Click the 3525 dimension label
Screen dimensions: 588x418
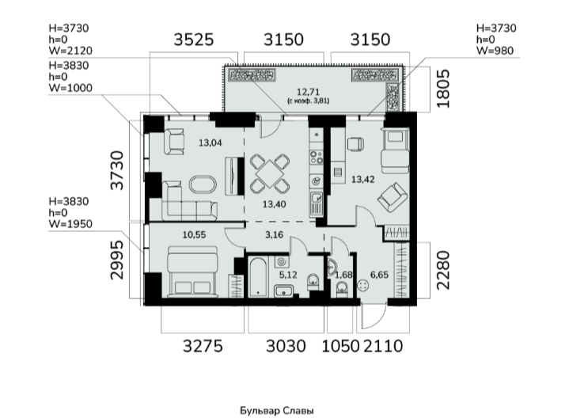pyautogui.click(x=194, y=40)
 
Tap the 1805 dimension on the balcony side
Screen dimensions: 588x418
pyautogui.click(x=443, y=89)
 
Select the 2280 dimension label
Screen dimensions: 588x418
pyautogui.click(x=443, y=270)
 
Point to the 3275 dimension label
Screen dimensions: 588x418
pyautogui.click(x=203, y=346)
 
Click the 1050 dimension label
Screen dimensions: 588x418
pyautogui.click(x=340, y=346)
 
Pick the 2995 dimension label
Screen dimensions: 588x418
pyautogui.click(x=117, y=260)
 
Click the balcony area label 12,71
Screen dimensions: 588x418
pyautogui.click(x=309, y=92)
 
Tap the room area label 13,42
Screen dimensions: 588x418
pyautogui.click(x=362, y=180)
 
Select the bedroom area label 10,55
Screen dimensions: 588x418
pyautogui.click(x=194, y=235)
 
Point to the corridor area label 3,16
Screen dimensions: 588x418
pyautogui.click(x=274, y=235)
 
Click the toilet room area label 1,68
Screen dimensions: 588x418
pyautogui.click(x=343, y=275)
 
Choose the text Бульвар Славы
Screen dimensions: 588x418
pyautogui.click(x=277, y=411)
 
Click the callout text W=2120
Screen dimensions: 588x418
pyautogui.click(x=70, y=51)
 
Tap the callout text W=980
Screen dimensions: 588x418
pyautogui.click(x=495, y=51)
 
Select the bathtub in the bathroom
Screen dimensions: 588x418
pyautogui.click(x=258, y=277)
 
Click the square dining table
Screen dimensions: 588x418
pyautogui.click(x=270, y=173)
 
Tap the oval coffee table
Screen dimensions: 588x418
pyautogui.click(x=203, y=184)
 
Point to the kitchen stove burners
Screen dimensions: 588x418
pyautogui.click(x=316, y=157)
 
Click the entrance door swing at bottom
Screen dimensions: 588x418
pyautogui.click(x=374, y=317)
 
